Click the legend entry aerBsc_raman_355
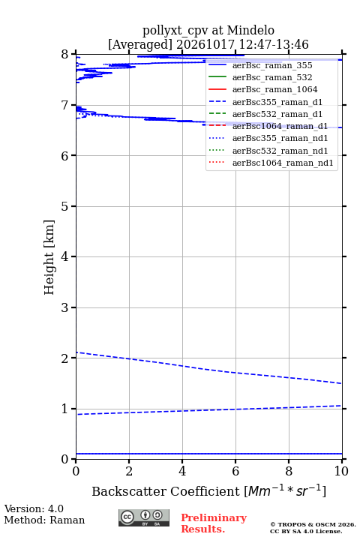pyautogui.click(x=272, y=65)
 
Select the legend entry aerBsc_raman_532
pyautogui.click(x=272, y=77)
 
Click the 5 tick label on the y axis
pyautogui.click(x=65, y=207)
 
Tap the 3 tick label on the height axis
pyautogui.click(x=65, y=307)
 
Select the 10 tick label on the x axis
pyautogui.click(x=341, y=471)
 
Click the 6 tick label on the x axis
pyautogui.click(x=235, y=471)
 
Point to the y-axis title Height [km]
pyautogui.click(x=49, y=257)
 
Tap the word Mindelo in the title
pyautogui.click(x=250, y=30)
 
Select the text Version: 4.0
pyautogui.click(x=34, y=508)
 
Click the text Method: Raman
pyautogui.click(x=44, y=520)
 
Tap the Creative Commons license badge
pyautogui.click(x=144, y=517)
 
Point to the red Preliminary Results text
pyautogui.click(x=214, y=523)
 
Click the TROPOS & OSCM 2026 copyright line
pyautogui.click(x=313, y=524)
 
